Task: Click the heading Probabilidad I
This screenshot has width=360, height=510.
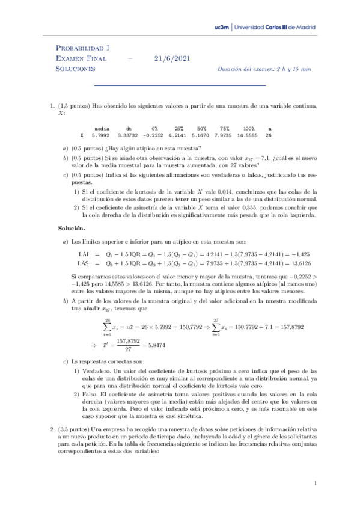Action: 82,48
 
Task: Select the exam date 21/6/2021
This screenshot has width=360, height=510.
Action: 171,58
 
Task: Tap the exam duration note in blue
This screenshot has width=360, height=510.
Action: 264,69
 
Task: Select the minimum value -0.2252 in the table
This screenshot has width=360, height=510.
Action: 156,136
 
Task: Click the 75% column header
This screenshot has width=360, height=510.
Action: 224,128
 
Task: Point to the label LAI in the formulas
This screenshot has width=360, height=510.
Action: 84,255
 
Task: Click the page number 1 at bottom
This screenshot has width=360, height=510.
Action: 316,483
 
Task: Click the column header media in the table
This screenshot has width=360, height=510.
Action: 102,128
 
